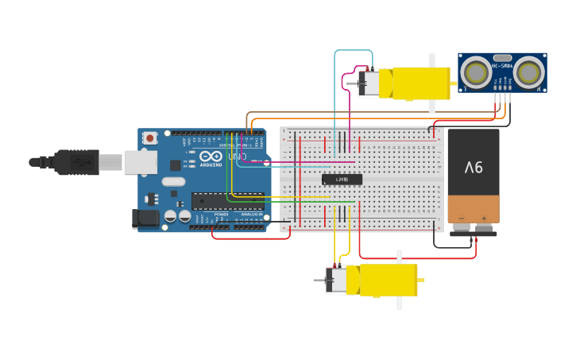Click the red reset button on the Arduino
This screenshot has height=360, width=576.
149,138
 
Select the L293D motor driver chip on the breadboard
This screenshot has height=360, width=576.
342,180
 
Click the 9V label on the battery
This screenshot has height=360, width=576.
474,168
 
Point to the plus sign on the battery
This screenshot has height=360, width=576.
483,218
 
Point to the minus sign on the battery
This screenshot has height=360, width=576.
461,218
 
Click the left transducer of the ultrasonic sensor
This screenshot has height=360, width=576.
477,73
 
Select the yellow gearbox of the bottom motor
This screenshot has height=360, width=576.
381,281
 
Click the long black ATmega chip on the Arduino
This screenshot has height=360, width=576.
227,201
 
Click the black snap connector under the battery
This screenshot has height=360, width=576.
474,233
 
